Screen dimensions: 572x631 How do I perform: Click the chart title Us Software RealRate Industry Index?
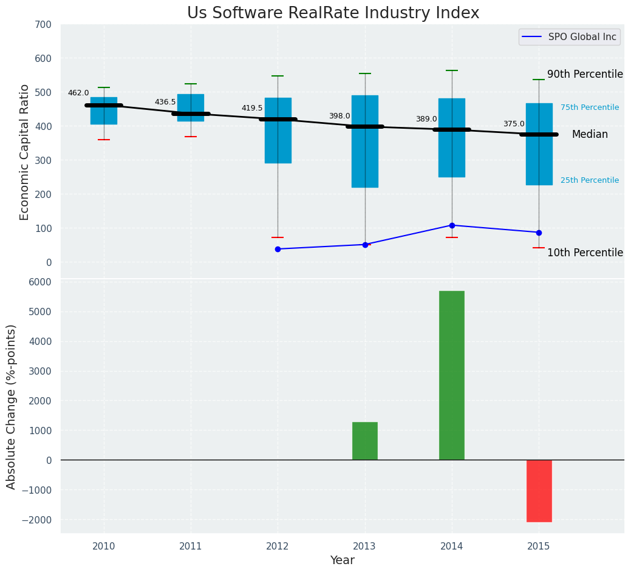tap(333, 13)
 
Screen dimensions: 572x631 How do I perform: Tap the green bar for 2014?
tap(452, 375)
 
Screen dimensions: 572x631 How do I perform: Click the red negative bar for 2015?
tap(539, 491)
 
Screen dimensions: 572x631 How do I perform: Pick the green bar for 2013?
tap(365, 441)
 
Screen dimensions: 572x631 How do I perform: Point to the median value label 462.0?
tap(78, 93)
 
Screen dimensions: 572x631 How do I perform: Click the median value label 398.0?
tap(339, 116)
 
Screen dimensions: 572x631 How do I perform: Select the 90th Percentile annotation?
tap(585, 74)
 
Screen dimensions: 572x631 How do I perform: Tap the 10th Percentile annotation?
tap(585, 253)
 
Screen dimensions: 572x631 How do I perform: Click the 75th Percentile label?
tap(589, 107)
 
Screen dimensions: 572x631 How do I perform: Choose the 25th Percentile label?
tap(589, 180)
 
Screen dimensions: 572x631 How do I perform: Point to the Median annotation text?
tap(590, 135)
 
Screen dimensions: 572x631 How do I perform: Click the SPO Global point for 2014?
tap(452, 225)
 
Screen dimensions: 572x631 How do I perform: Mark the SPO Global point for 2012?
tap(278, 249)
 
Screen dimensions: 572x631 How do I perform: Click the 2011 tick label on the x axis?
tap(191, 546)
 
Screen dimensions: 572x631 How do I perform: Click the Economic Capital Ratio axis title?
tap(25, 152)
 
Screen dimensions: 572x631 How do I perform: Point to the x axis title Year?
tap(343, 560)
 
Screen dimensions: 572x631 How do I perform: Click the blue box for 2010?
tap(104, 111)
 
